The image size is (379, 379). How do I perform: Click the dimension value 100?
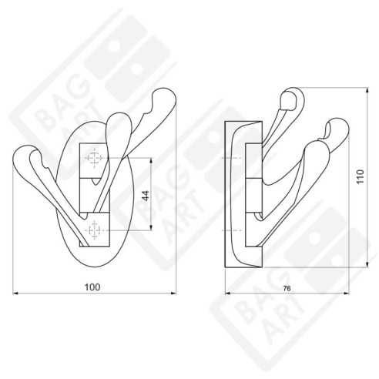(x=92, y=287)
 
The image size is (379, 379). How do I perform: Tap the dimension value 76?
(x=286, y=288)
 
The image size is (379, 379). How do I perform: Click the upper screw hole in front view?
(x=95, y=159)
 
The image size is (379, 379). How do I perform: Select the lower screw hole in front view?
(x=95, y=230)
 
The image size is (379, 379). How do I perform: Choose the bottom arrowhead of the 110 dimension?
(x=364, y=263)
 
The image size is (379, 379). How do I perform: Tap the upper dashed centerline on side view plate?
(x=230, y=159)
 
